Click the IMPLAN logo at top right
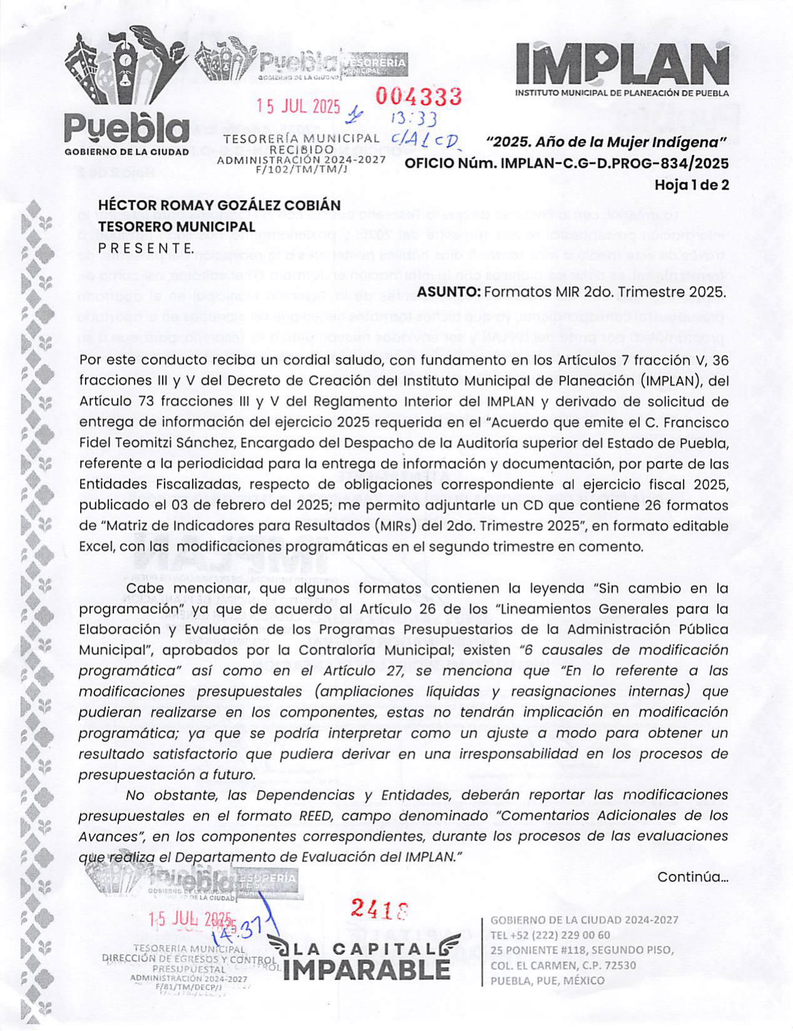click(622, 66)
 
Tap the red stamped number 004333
click(418, 97)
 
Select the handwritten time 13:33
click(413, 118)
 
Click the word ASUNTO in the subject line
click(449, 292)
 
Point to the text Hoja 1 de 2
click(691, 185)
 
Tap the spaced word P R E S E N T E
click(145, 248)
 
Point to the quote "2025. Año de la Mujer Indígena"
click(607, 143)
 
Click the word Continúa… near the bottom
click(692, 877)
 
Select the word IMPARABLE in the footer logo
click(366, 969)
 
